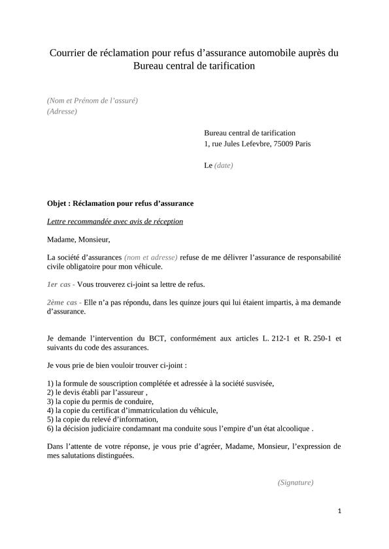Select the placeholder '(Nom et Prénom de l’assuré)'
coord(92,100)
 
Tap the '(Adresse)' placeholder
coord(62,111)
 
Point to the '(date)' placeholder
coord(224,165)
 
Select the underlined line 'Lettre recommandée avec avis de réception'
coord(115,222)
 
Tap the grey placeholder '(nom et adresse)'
coord(150,258)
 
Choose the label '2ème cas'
coord(62,303)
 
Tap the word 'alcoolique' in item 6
coord(292,429)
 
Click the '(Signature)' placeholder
coord(296,482)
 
